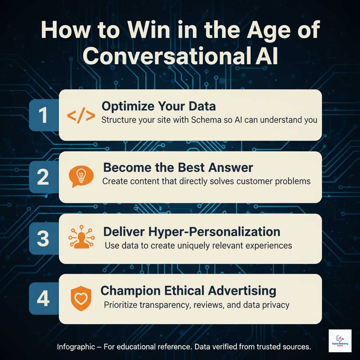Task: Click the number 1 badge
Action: [x=43, y=116]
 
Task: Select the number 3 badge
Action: [x=43, y=239]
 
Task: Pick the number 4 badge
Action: [x=43, y=300]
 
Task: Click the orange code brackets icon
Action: [x=81, y=116]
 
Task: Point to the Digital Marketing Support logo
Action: [x=340, y=341]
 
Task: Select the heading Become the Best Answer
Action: [x=178, y=167]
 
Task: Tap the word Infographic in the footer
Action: [x=76, y=347]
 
